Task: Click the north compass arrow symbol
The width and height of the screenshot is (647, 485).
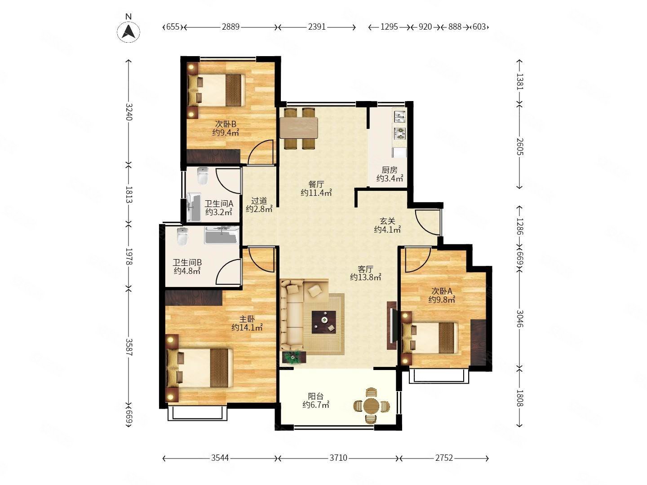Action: pos(129,31)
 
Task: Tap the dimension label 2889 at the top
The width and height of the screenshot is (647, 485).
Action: pos(230,27)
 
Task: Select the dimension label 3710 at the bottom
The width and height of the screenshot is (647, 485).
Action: pos(338,458)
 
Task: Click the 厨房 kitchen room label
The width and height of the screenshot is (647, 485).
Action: pos(389,170)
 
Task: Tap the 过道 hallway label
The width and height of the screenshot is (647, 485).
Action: pos(259,201)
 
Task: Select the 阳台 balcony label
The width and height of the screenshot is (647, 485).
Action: pos(316,396)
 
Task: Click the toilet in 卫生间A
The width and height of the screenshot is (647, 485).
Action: pos(202,176)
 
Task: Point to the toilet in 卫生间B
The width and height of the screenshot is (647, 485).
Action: pos(182,237)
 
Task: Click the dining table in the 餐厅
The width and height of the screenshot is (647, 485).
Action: pos(299,128)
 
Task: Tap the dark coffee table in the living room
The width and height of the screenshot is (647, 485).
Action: pos(324,322)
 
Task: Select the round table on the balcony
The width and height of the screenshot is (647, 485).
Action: pos(371,406)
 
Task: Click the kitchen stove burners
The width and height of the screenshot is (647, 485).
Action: pos(399,133)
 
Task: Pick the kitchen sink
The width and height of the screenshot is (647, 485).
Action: pos(399,116)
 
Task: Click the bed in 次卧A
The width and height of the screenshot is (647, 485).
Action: pos(430,338)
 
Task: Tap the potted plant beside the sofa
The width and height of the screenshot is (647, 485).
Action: pos(293,357)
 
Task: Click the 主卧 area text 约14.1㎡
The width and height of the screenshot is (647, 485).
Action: pos(247,327)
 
